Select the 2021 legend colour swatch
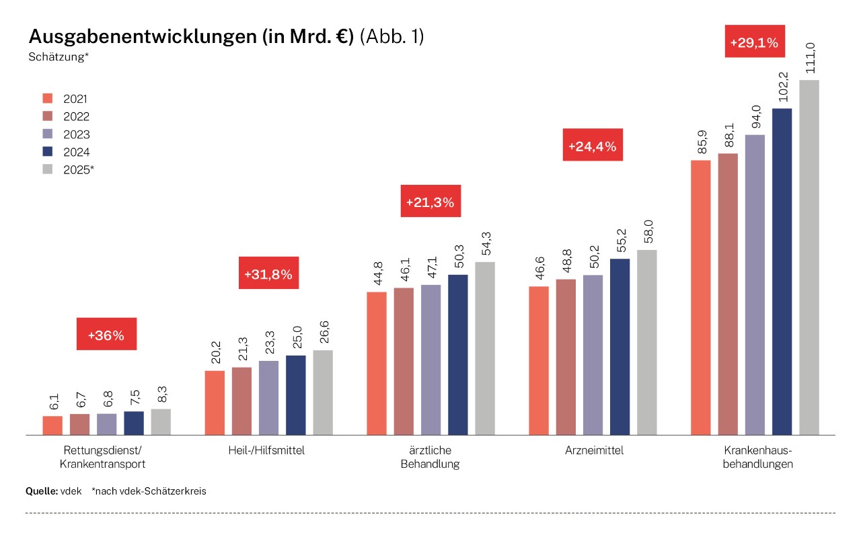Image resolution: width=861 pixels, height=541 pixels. pyautogui.click(x=47, y=98)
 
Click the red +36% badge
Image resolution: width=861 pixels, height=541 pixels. pyautogui.click(x=106, y=334)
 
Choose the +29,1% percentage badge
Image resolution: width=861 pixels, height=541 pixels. pyautogui.click(x=753, y=42)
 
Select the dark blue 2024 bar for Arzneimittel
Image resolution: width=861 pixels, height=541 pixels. pyautogui.click(x=620, y=347)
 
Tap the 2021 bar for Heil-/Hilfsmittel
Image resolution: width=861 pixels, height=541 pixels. pyautogui.click(x=214, y=403)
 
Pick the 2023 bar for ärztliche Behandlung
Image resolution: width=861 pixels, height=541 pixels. pyautogui.click(x=430, y=360)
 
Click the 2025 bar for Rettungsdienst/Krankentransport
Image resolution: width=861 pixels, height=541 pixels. pyautogui.click(x=161, y=422)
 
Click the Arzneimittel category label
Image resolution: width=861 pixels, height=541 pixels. pyautogui.click(x=594, y=450)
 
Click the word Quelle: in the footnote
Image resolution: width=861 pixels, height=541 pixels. pyautogui.click(x=41, y=491)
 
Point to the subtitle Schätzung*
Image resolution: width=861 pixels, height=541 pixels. pyautogui.click(x=59, y=57)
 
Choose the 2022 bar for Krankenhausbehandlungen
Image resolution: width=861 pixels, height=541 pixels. pyautogui.click(x=728, y=294)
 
